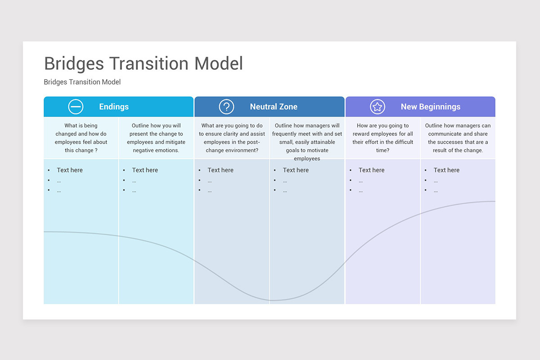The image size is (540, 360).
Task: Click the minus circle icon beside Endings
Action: (76, 107)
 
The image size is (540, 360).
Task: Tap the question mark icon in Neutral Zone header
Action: (226, 107)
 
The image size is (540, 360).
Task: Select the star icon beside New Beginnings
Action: (378, 107)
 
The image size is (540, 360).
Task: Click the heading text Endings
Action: (114, 107)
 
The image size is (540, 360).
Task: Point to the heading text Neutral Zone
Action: (274, 107)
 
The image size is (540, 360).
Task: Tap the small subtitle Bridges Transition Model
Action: (82, 82)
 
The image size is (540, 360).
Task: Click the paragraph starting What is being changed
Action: (81, 138)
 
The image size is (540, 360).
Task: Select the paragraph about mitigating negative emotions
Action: (156, 138)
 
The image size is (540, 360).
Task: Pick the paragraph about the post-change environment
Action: (232, 138)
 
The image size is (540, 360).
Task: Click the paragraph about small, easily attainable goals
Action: (307, 142)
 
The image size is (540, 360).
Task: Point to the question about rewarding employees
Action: (382, 138)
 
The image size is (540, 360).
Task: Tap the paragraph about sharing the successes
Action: (458, 138)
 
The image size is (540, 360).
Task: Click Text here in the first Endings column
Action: (70, 170)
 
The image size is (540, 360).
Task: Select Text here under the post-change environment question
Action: (220, 170)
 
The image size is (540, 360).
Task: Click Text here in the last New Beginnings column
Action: (446, 170)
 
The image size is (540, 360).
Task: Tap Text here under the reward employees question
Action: (371, 170)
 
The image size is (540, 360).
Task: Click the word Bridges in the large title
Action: (74, 63)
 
